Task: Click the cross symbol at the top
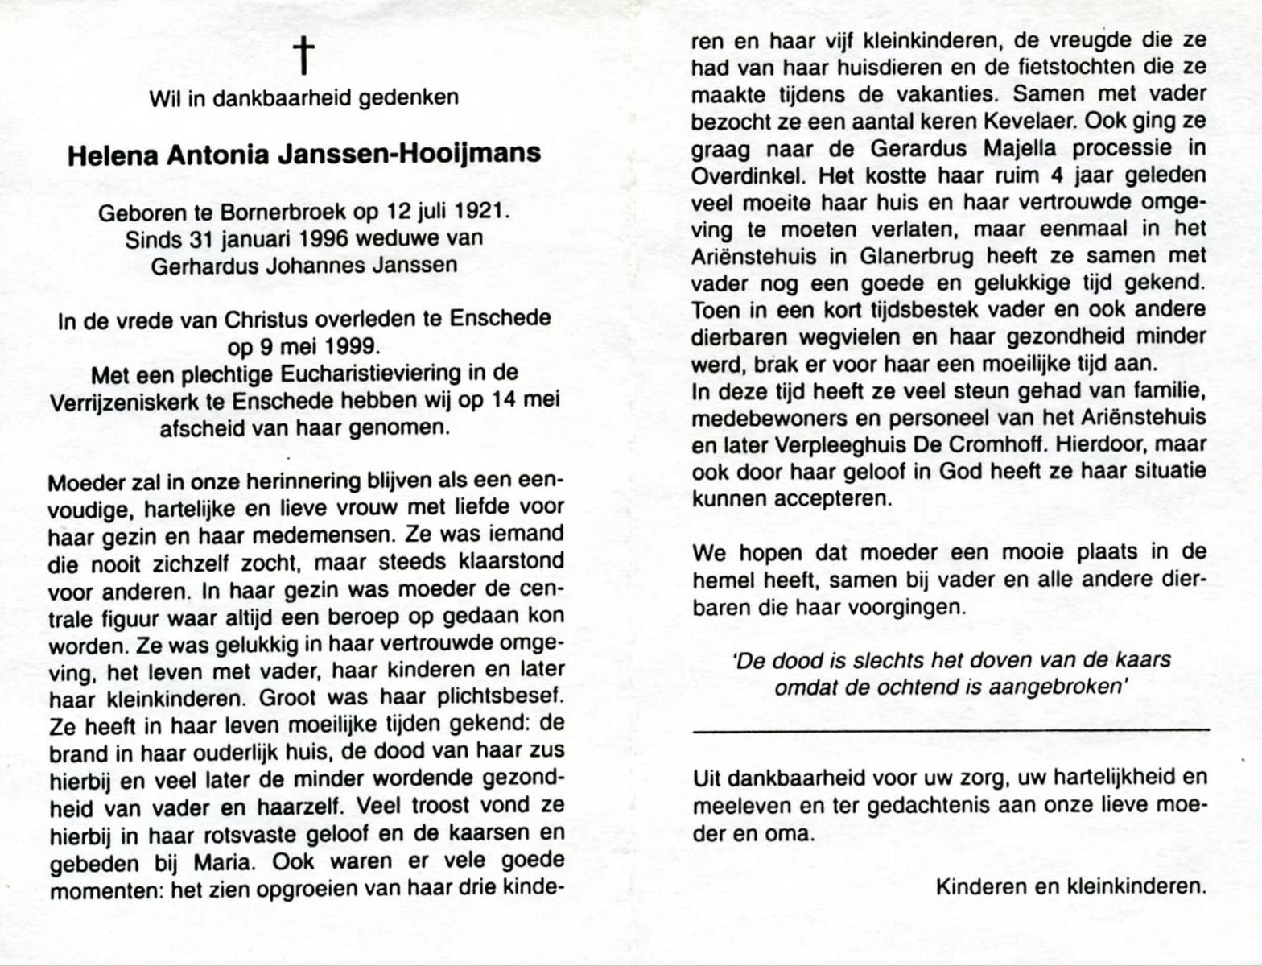click(x=304, y=56)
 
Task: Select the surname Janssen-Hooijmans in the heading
click(x=409, y=154)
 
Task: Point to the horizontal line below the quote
click(x=950, y=729)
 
